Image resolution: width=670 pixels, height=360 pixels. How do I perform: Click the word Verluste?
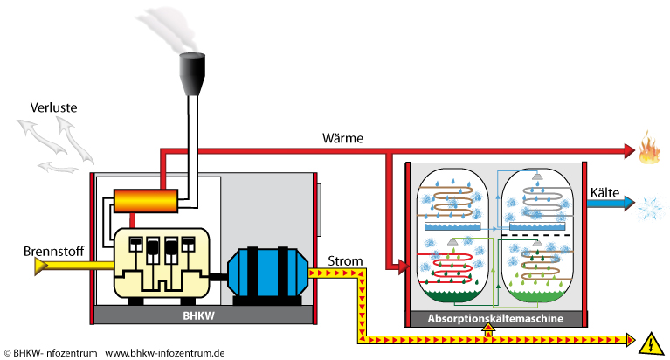coord(53,108)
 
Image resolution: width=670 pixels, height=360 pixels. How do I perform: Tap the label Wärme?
coord(343,138)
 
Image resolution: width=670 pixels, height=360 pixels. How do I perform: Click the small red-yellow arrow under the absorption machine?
coord(488,331)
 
